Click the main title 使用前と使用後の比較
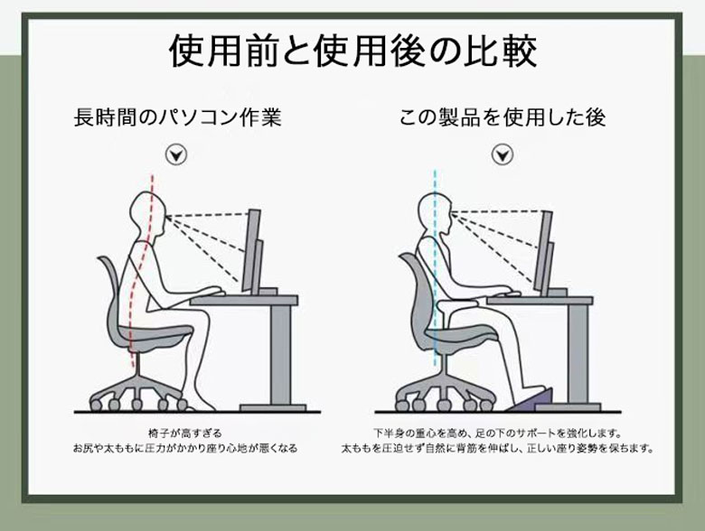352,51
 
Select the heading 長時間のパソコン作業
177,117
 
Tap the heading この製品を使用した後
503,117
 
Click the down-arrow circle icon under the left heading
176,154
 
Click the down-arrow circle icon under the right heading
503,154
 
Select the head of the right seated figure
435,213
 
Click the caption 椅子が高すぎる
185,433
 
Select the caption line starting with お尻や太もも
185,448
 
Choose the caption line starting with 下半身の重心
497,433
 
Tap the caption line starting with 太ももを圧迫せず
497,448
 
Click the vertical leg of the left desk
280,355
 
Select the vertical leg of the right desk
577,355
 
